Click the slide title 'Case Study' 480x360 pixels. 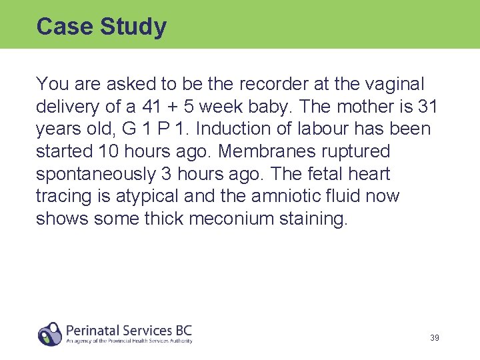pyautogui.click(x=101, y=27)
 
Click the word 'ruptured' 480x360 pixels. pyautogui.click(x=357, y=151)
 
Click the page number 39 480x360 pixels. pyautogui.click(x=434, y=338)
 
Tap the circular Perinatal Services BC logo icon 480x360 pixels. pyautogui.click(x=50, y=333)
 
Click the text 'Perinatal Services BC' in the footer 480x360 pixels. pyautogui.click(x=129, y=329)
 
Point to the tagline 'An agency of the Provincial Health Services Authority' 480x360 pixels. pyautogui.click(x=129, y=341)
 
